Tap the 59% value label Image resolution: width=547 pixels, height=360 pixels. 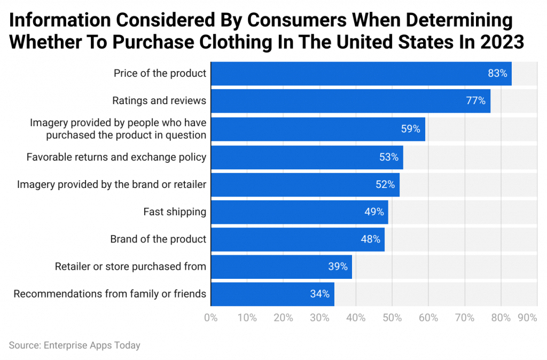(x=410, y=129)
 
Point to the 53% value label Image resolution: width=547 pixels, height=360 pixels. (x=389, y=157)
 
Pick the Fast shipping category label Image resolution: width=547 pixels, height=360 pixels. (x=175, y=212)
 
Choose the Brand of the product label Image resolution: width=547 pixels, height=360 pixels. (x=158, y=239)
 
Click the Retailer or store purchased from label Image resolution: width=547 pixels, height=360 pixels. (x=130, y=266)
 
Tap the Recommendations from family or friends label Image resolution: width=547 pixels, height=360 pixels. (x=110, y=294)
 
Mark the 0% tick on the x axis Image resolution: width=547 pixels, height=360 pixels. (x=211, y=318)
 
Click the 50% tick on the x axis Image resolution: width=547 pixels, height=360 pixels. (x=392, y=318)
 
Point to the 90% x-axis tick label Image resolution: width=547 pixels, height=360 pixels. (x=527, y=318)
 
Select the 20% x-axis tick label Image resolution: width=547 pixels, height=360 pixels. (x=283, y=318)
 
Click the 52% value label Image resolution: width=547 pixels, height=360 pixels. (x=385, y=184)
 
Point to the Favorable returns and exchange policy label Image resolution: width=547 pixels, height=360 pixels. (x=116, y=157)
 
